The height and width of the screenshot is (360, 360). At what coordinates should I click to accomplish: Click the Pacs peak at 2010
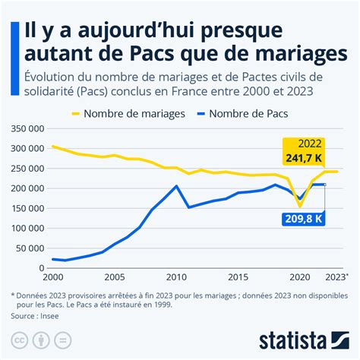[x=176, y=186]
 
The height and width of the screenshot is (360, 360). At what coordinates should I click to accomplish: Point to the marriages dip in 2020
[x=300, y=206]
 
